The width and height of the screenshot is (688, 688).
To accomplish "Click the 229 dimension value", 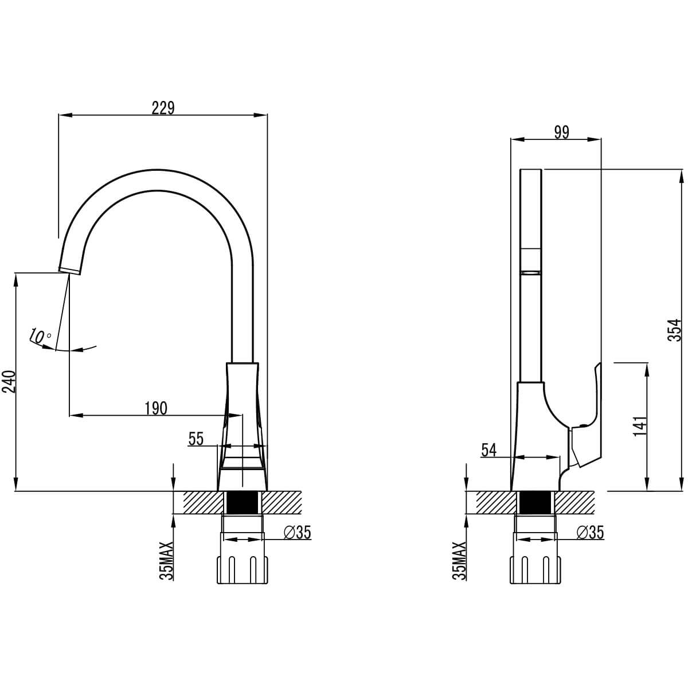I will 163,108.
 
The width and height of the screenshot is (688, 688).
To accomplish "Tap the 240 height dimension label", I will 9,381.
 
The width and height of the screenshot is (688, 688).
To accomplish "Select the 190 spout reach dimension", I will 155,408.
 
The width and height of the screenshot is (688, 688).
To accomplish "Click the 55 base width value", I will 196,439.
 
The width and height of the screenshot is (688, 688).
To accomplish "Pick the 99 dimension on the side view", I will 561,132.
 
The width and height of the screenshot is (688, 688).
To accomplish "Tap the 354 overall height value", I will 678,330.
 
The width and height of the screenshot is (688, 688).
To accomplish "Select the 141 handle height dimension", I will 640,427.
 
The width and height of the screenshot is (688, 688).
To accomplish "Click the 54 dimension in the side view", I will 488,450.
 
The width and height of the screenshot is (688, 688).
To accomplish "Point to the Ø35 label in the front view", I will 297,533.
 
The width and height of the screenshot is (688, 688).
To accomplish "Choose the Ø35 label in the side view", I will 590,533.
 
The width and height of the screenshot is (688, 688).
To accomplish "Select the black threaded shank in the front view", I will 242,503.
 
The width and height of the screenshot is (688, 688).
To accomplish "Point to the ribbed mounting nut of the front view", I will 242,569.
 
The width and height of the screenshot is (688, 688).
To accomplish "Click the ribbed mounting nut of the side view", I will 535,569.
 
